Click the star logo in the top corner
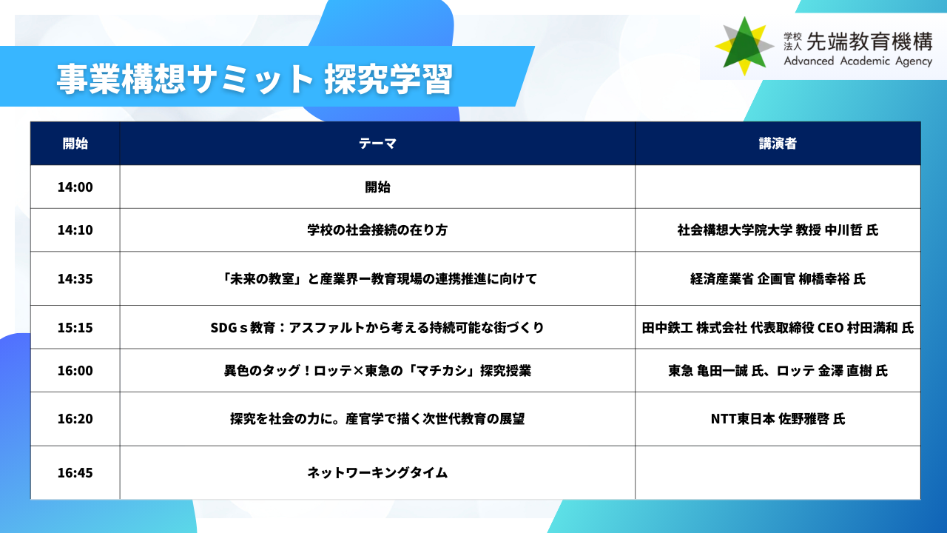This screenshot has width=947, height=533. tap(744, 47)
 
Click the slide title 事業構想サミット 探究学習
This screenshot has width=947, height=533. tap(255, 79)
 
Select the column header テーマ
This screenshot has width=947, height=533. tap(377, 144)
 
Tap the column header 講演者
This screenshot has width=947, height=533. tap(778, 144)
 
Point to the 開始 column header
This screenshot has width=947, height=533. tap(75, 144)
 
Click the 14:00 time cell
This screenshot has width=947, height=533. tap(75, 187)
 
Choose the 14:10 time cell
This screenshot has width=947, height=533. tap(75, 229)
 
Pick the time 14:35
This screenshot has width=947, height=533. tap(75, 279)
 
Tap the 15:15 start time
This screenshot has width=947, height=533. tap(75, 327)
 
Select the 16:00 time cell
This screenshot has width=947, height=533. tap(75, 371)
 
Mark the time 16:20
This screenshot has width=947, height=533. tap(75, 419)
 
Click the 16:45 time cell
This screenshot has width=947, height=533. tap(75, 472)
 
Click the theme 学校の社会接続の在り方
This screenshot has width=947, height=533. tap(377, 229)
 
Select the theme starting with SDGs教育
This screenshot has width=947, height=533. tap(377, 327)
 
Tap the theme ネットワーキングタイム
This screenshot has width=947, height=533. tap(377, 472)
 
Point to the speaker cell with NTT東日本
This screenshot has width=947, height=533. tap(778, 419)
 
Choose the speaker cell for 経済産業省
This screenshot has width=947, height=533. tap(778, 279)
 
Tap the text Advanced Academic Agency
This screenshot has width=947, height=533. tap(857, 61)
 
